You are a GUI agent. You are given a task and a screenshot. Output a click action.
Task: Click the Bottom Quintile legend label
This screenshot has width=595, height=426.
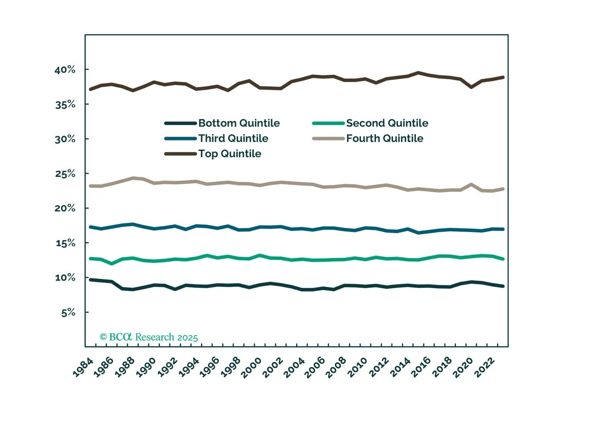point(239,123)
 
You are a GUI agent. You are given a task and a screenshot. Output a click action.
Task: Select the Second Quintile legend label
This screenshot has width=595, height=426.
point(387,123)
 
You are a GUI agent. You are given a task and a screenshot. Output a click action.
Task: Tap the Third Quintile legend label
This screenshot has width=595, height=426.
point(233,139)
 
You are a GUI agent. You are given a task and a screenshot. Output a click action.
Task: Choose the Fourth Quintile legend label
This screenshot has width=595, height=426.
point(384,139)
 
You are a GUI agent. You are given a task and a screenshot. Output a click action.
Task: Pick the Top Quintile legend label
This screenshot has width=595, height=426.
point(230,154)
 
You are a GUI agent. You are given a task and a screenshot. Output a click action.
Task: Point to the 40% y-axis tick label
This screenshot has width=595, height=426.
point(65,70)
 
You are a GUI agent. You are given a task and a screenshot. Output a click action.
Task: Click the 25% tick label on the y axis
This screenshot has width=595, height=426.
point(65,174)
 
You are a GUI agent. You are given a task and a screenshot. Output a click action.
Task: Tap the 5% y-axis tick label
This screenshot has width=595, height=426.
point(68,312)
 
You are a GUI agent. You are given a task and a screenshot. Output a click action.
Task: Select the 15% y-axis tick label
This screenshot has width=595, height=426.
point(65,243)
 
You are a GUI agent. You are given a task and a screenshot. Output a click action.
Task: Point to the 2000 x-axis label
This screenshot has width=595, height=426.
point(252,368)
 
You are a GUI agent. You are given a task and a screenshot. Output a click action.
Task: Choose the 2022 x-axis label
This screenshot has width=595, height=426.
point(485,368)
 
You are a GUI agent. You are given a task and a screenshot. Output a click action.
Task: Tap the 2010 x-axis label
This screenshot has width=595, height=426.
point(358,368)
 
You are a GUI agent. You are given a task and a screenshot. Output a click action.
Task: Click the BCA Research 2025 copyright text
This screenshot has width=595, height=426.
point(149,337)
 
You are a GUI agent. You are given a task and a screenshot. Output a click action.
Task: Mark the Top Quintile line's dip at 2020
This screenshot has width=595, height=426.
point(472,87)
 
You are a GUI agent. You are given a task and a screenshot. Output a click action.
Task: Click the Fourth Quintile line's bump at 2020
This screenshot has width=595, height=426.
point(472,184)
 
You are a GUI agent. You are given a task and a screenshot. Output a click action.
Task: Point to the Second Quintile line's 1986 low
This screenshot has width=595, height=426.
point(112,264)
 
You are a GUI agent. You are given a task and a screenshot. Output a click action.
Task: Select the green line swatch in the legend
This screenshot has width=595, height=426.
point(328,123)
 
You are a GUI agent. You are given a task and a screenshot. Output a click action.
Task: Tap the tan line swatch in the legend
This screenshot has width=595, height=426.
point(328,139)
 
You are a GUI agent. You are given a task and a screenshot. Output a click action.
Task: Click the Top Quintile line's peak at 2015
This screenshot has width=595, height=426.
point(419,73)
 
